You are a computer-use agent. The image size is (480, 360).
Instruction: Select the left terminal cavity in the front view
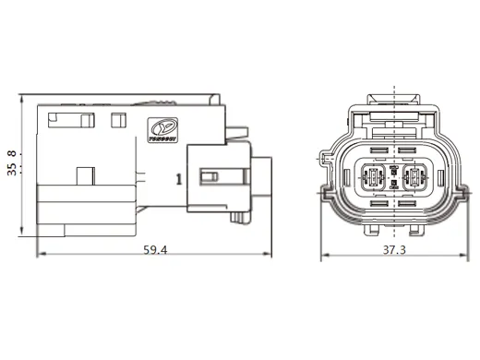coord(376,175)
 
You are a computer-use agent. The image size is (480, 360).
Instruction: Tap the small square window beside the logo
coord(117,119)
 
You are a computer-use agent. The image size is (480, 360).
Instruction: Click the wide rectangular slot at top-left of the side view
coord(69,119)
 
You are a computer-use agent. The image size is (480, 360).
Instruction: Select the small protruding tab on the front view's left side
coord(326,158)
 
